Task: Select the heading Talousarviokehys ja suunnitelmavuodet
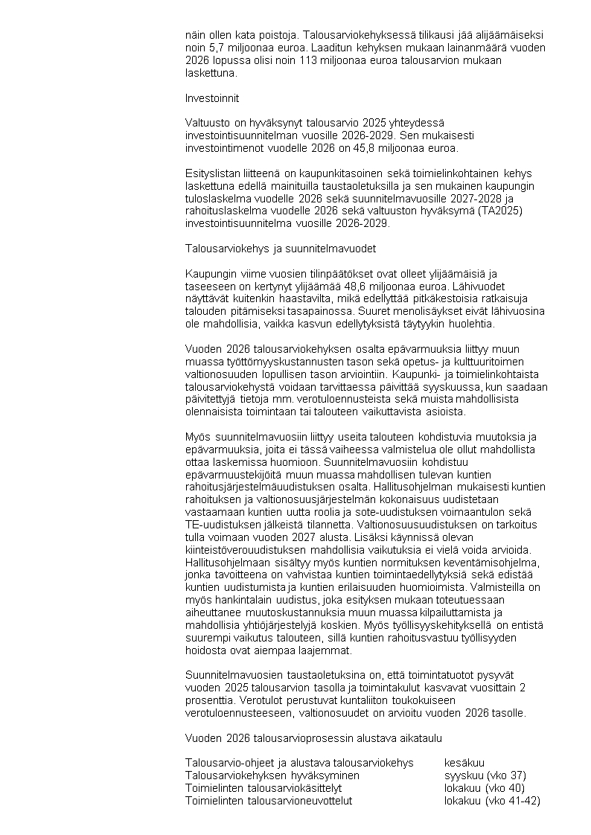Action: click(281, 249)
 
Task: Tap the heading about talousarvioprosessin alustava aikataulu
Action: click(313, 738)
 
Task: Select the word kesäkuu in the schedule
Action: click(464, 763)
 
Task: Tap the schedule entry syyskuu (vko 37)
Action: click(485, 775)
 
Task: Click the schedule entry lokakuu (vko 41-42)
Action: click(491, 801)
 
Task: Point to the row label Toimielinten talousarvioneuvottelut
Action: click(268, 801)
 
